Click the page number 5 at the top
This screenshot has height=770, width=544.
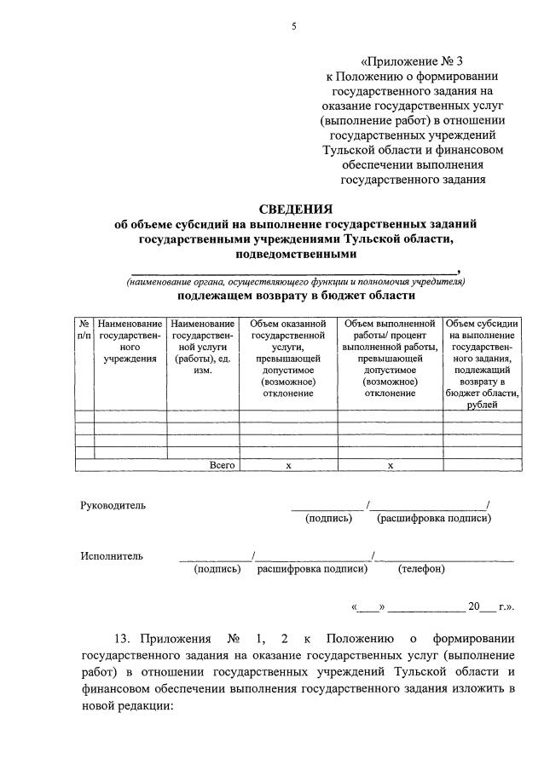(293, 26)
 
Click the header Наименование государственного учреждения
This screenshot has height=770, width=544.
(130, 341)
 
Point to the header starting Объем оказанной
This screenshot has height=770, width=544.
(288, 358)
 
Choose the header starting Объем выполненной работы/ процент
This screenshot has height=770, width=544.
(390, 358)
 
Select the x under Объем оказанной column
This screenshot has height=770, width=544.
(288, 465)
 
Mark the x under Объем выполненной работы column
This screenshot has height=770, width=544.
(390, 465)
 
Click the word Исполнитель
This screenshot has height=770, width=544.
(112, 556)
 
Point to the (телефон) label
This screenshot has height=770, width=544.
(421, 569)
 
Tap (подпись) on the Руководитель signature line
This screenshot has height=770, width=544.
(328, 518)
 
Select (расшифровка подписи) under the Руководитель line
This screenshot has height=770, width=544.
(434, 518)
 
